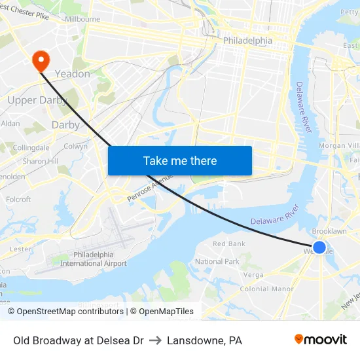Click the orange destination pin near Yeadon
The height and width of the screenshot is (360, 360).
click(x=41, y=60)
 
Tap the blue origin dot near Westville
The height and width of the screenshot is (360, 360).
click(x=319, y=247)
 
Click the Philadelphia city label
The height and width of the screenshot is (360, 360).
click(x=247, y=41)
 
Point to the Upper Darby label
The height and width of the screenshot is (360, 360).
click(x=31, y=100)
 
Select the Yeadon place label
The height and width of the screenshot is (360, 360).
click(x=72, y=74)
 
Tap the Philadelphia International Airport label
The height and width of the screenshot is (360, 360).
click(x=94, y=259)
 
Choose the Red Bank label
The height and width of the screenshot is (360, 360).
click(x=229, y=243)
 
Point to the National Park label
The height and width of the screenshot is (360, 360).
click(x=217, y=261)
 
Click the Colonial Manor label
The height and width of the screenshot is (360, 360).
click(x=266, y=289)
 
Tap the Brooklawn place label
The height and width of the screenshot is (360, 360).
click(x=329, y=232)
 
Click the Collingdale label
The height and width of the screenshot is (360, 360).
click(x=31, y=148)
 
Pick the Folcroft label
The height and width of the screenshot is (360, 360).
click(x=18, y=200)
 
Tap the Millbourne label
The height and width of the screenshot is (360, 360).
click(x=82, y=20)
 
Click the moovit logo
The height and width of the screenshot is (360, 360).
click(x=320, y=340)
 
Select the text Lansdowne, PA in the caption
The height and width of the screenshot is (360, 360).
click(x=204, y=340)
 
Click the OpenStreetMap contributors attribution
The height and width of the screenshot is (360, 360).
click(x=70, y=312)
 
